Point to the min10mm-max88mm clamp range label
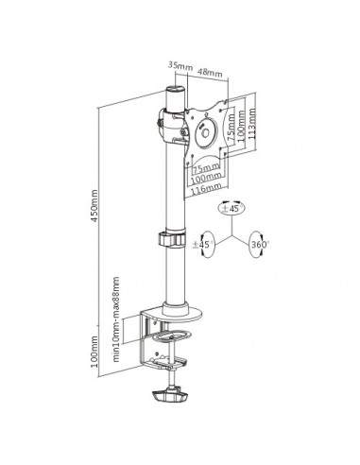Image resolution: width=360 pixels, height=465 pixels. (x=116, y=305)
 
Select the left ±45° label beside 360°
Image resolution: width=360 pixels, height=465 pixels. (x=200, y=244)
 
